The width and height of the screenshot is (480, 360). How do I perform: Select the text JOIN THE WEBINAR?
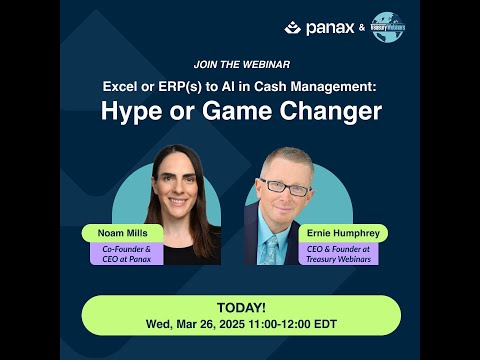pyautogui.click(x=240, y=63)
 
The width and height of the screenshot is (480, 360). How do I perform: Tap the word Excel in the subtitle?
pyautogui.click(x=120, y=85)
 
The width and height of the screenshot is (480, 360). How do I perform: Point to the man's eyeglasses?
pyautogui.click(x=288, y=187)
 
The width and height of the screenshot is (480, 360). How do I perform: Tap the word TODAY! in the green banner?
pyautogui.click(x=240, y=307)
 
